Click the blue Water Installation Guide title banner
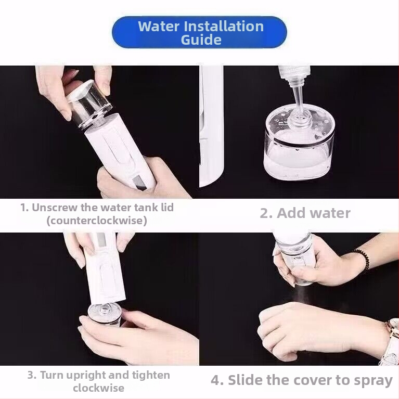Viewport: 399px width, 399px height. click(199, 32)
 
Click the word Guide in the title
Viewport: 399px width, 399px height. click(201, 40)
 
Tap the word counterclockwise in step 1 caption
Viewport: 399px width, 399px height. click(97, 221)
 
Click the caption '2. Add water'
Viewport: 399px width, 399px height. click(305, 213)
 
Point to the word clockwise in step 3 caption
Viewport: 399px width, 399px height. click(98, 388)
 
